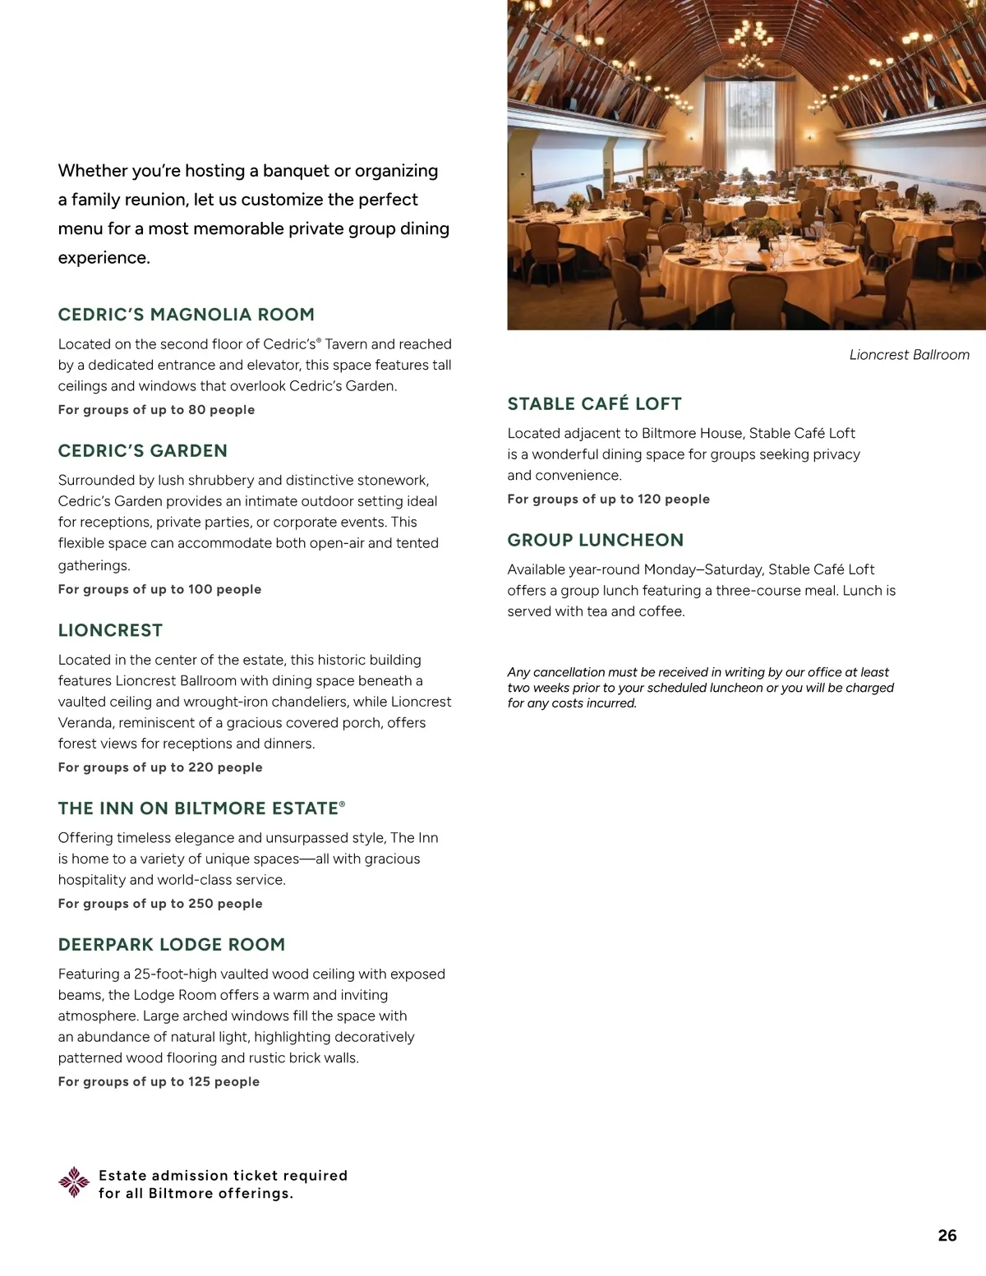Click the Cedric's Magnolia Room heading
[x=186, y=315]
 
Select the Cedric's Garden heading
[x=142, y=451]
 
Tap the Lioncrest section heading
[x=110, y=630]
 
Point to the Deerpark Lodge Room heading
[x=171, y=945]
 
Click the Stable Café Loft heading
[x=594, y=404]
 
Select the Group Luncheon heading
[x=595, y=541]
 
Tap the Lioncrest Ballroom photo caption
[x=909, y=355]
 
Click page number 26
[x=947, y=1236]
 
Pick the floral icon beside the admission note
[x=74, y=1182]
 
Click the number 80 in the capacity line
[x=197, y=410]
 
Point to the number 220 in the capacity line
[x=201, y=767]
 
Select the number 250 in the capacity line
[x=201, y=904]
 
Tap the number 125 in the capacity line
[x=200, y=1082]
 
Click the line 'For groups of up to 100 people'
[x=159, y=589]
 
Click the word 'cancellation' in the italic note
[x=569, y=672]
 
